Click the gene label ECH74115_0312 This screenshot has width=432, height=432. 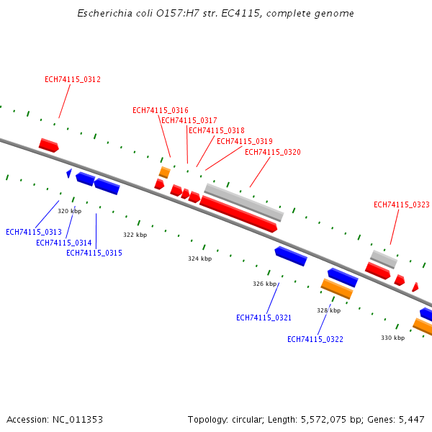[73, 79]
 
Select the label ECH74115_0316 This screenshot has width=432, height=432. [161, 110]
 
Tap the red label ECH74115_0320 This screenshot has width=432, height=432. [273, 152]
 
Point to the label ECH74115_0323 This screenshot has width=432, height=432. [402, 204]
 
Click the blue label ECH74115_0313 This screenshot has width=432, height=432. [34, 232]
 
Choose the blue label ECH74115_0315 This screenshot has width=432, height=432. [94, 253]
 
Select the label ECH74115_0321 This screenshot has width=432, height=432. [264, 318]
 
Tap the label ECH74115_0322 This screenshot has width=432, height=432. [315, 339]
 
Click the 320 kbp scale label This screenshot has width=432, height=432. [70, 211]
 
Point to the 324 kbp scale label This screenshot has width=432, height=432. [200, 258]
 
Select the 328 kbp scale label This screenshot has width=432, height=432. [328, 310]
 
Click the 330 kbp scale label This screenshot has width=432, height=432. [393, 338]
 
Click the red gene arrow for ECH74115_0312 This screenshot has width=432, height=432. [49, 145]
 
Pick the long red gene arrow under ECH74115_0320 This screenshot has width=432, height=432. [238, 214]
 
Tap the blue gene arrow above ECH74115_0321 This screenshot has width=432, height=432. [291, 255]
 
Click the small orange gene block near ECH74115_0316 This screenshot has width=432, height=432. [165, 172]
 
